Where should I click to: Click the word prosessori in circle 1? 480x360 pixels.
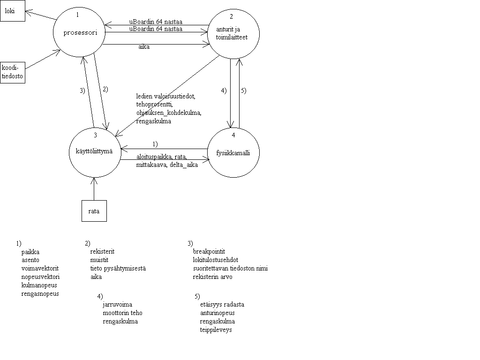click(x=80, y=32)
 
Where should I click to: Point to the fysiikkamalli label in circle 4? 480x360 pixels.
click(x=233, y=153)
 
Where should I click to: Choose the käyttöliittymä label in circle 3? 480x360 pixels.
click(x=94, y=151)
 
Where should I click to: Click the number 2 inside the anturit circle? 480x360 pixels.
click(x=231, y=16)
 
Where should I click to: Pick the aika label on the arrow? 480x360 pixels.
click(x=144, y=46)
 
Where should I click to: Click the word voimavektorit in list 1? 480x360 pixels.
click(x=40, y=268)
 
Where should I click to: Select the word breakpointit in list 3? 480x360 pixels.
click(x=209, y=251)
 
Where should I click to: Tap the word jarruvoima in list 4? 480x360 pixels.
click(x=118, y=304)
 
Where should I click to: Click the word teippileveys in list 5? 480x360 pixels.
click(x=216, y=330)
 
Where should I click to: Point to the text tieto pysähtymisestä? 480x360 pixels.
click(x=118, y=269)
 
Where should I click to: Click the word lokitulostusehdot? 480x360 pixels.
click(x=216, y=260)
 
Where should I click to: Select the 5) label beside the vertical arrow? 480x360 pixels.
click(x=244, y=90)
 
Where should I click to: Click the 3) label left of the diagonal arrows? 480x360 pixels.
click(x=82, y=90)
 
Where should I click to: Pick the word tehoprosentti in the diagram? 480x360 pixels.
click(x=155, y=105)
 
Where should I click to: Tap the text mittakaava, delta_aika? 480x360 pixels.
click(x=167, y=165)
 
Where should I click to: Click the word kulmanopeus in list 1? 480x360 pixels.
click(x=39, y=285)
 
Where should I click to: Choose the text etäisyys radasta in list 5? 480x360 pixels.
click(x=222, y=305)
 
